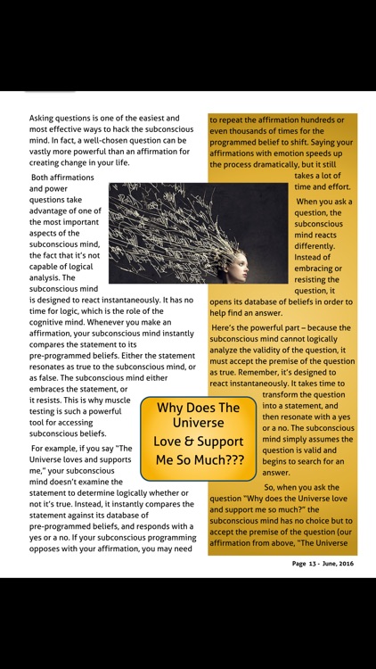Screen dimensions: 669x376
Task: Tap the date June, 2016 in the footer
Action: (343, 564)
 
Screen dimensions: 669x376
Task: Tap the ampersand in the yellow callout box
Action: (193, 442)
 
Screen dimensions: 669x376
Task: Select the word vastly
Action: (45, 152)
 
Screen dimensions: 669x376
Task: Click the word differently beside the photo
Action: (315, 245)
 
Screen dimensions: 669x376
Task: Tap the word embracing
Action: (315, 268)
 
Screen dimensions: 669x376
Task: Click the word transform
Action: (284, 395)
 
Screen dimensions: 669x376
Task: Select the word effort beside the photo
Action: (333, 187)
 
